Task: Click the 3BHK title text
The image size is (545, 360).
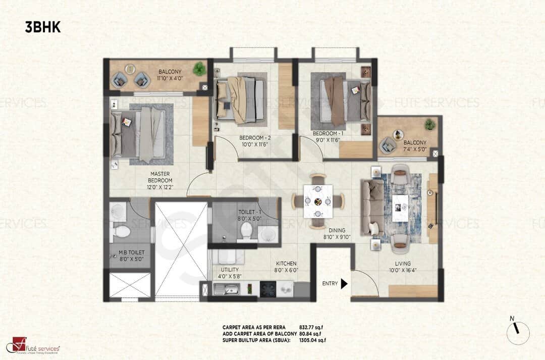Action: (43, 27)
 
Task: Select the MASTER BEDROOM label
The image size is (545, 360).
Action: (160, 177)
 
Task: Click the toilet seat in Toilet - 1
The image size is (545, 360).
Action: (246, 231)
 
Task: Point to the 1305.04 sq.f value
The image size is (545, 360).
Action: (312, 340)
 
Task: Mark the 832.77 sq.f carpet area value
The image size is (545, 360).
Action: (310, 327)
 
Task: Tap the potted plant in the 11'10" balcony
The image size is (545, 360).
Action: (199, 68)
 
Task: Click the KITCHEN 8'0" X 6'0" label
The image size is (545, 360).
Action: (286, 267)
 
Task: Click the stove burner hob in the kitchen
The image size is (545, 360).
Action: (267, 289)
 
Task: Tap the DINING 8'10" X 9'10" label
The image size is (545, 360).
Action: (334, 233)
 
